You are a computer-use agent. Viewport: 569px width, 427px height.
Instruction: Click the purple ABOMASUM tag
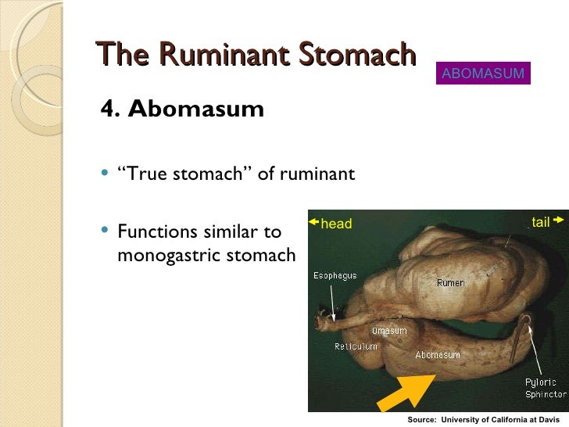[484, 74]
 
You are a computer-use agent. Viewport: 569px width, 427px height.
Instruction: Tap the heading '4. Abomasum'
[182, 109]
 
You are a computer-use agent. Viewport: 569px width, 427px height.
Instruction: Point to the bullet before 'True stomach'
[105, 174]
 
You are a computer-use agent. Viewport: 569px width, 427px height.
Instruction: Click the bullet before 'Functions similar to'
[105, 231]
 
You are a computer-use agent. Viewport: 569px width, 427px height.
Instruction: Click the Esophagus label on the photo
[335, 276]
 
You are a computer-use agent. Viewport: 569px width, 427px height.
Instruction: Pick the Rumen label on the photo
[450, 283]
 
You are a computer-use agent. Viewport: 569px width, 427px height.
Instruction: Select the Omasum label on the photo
[389, 331]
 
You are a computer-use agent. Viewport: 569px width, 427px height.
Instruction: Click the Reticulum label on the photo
[356, 346]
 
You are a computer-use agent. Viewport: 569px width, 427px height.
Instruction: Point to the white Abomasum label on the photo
[437, 354]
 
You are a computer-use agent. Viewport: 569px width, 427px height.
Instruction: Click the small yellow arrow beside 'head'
[314, 223]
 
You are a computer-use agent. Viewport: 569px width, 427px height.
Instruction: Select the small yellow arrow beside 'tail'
[559, 222]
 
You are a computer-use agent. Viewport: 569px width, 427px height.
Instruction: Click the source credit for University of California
[488, 420]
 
